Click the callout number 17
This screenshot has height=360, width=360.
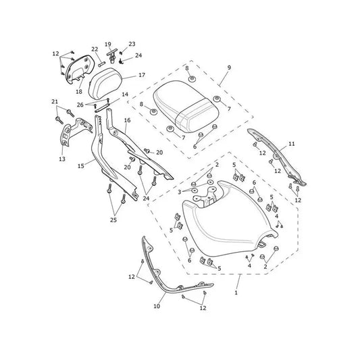[142, 75]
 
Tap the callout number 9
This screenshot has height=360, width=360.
[229, 68]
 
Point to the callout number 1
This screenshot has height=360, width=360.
[236, 292]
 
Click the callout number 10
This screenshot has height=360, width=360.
[157, 306]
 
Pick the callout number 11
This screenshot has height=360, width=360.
[291, 144]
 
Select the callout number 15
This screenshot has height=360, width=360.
[81, 165]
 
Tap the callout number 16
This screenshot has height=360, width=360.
[127, 120]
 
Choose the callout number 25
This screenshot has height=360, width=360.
[113, 220]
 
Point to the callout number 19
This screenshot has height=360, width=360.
[108, 45]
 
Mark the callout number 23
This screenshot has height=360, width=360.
[132, 44]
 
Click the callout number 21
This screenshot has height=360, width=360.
[55, 101]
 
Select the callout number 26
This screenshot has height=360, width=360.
[80, 105]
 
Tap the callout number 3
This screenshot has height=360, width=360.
[180, 192]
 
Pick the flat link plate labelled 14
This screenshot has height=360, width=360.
[101, 107]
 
